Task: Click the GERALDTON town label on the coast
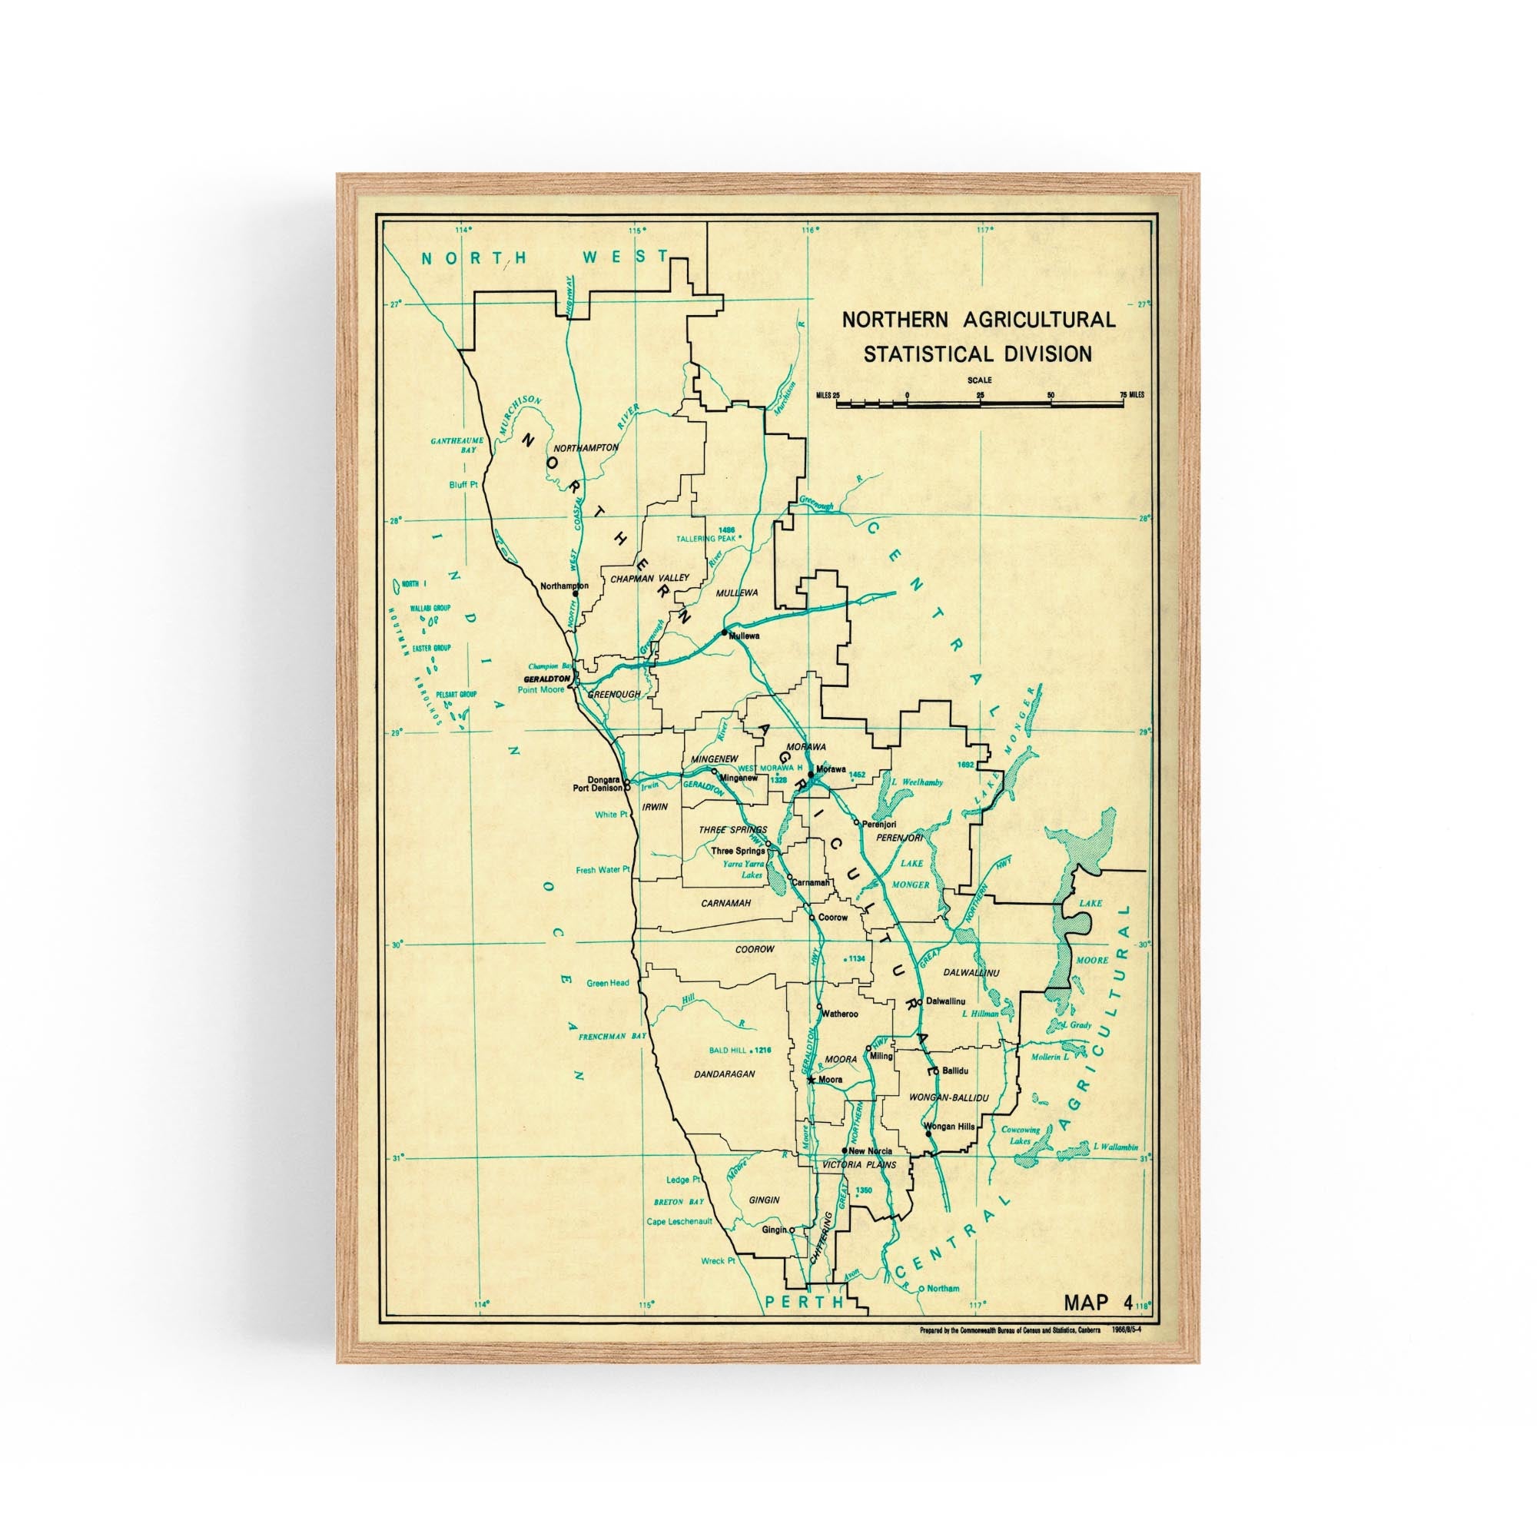(546, 679)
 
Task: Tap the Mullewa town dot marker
(724, 632)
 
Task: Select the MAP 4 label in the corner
(1098, 1302)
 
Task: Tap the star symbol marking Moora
(811, 1080)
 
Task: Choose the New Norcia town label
(871, 1151)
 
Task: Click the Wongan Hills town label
(949, 1127)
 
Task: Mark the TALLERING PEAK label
(705, 539)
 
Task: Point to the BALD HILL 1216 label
(740, 1050)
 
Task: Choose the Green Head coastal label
(608, 984)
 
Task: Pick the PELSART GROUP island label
(456, 695)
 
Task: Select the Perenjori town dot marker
(856, 822)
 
